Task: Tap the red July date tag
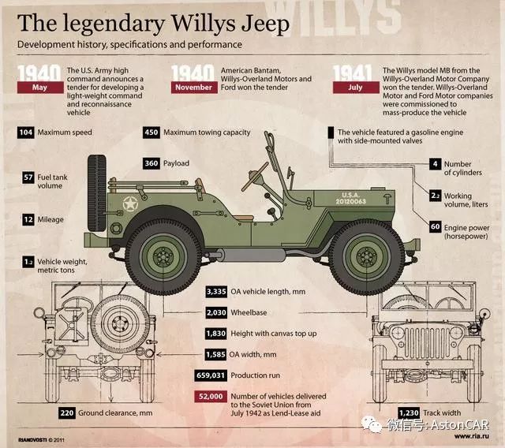point(354,87)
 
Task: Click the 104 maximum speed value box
point(25,133)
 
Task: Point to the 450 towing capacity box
point(151,133)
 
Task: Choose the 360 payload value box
point(151,163)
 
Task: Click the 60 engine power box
point(435,226)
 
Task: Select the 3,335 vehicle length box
point(215,292)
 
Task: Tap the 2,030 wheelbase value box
point(215,312)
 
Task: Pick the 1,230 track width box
point(408,412)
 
